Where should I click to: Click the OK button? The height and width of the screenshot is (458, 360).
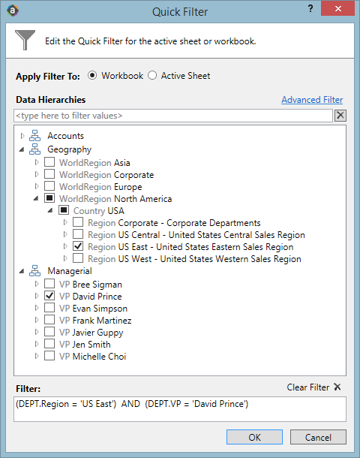coord(254,437)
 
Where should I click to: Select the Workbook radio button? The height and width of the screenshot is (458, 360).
coord(92,76)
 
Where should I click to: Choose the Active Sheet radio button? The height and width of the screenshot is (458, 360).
coord(152,76)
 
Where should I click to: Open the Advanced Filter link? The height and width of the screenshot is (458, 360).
coord(312,100)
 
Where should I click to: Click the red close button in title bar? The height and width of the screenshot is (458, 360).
coord(337,8)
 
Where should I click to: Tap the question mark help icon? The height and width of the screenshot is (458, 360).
coord(310,8)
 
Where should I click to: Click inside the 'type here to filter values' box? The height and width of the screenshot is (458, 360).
coord(173,116)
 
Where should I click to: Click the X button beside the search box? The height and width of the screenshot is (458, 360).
coord(340,116)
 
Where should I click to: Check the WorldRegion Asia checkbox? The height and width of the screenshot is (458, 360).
coord(49,162)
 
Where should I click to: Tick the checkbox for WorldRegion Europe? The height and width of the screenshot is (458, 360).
coord(49,185)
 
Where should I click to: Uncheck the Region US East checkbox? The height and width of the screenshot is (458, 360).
coord(78,246)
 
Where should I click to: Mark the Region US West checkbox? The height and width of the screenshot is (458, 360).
coord(78,258)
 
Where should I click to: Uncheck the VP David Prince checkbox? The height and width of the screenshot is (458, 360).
coord(49,296)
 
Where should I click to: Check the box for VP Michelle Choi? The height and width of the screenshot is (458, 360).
coord(49,355)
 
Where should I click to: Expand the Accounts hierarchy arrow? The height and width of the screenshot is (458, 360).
coord(22,136)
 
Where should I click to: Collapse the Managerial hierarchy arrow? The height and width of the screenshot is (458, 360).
coord(22,271)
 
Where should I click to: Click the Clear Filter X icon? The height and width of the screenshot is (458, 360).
coord(337,387)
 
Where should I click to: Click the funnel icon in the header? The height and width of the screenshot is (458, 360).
coord(25,40)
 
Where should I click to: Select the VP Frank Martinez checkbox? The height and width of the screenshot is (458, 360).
coord(49,320)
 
